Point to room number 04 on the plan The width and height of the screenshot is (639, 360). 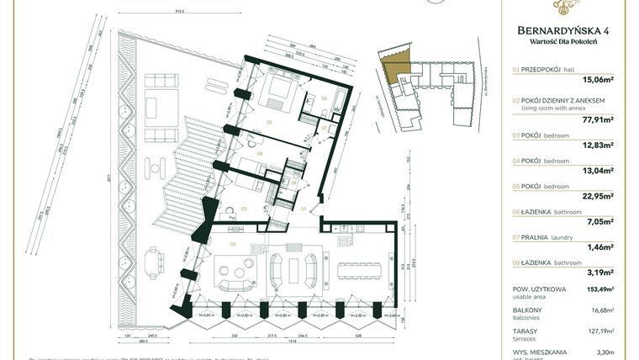(x=260, y=154)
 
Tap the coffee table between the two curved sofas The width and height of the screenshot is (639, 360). (x=293, y=271)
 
